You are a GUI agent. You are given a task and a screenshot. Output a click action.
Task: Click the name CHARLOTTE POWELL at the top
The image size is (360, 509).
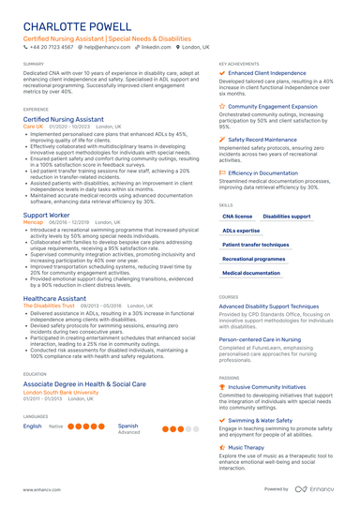coord(77,25)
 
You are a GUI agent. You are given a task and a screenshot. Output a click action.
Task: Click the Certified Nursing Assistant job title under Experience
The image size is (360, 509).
coord(64,120)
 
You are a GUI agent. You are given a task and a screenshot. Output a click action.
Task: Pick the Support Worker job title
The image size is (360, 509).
coord(46,215)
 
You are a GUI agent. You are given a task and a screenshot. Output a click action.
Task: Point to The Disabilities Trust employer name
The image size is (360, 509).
coord(48,306)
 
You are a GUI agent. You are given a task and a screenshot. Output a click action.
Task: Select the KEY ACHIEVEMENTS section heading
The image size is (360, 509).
coord(240,64)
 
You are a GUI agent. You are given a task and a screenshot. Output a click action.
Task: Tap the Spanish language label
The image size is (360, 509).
coord(128,426)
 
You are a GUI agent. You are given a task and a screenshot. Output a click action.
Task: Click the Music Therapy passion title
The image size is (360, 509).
coord(246,448)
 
